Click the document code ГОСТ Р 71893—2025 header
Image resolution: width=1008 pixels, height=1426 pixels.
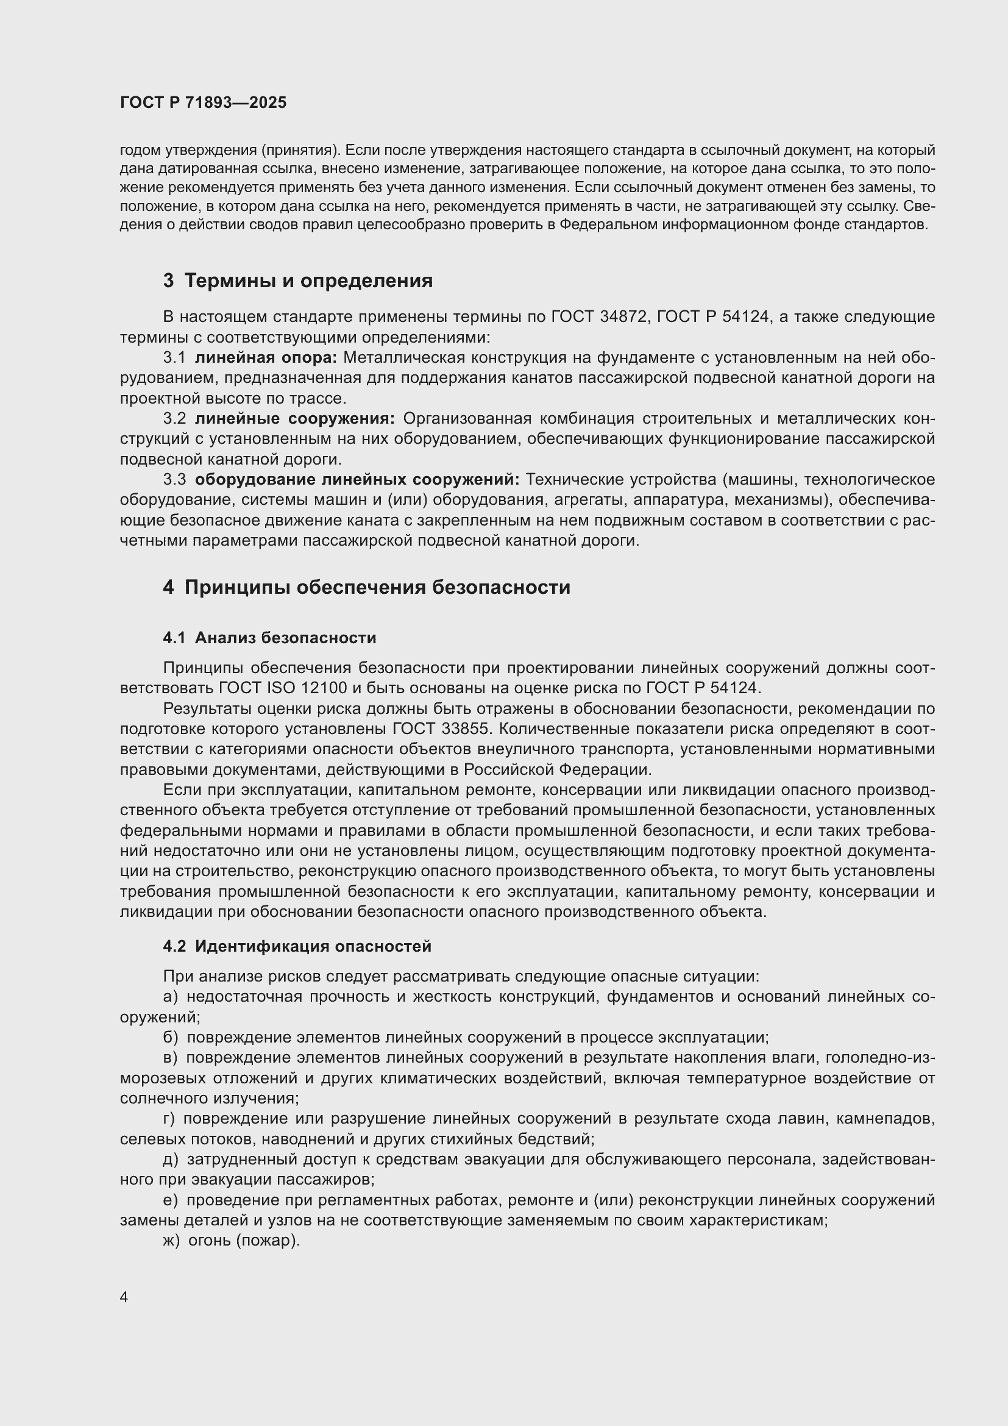pos(203,102)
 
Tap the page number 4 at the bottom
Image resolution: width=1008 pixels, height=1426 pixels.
pos(124,1297)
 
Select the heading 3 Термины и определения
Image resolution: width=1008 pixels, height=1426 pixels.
pos(298,280)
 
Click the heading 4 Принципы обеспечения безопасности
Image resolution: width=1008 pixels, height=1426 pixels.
pos(366,587)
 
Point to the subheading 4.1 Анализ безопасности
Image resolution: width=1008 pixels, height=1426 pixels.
pos(269,638)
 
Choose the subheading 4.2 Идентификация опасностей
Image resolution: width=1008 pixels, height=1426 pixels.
pos(297,946)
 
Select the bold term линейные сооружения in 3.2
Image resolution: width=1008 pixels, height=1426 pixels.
pos(295,419)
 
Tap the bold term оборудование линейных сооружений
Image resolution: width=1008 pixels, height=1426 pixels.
pos(357,479)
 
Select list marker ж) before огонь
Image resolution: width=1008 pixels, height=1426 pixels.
pos(171,1241)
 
